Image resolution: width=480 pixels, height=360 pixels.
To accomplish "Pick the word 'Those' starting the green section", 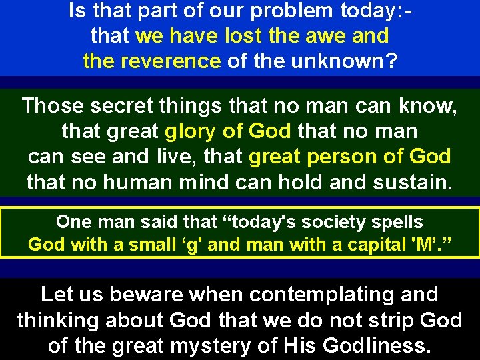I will coord(52,105).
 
